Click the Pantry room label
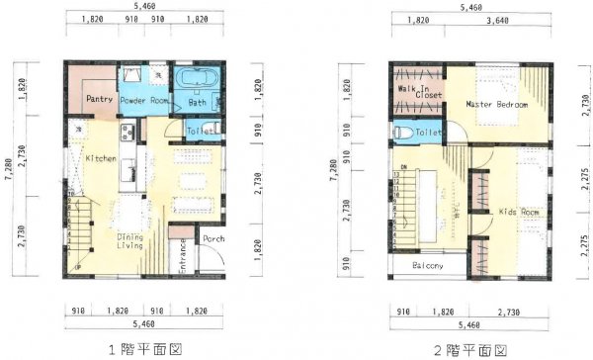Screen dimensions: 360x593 point(99,100)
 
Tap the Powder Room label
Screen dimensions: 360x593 point(145,101)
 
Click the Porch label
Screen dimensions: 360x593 point(213,239)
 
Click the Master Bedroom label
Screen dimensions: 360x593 point(497,104)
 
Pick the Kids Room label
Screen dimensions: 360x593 point(518,212)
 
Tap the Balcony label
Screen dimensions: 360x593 point(421,265)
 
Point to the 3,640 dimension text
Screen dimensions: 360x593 point(506,20)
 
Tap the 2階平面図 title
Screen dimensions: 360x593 point(470,349)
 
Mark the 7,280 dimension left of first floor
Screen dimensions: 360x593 point(8,168)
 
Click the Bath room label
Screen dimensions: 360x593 point(198,101)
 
